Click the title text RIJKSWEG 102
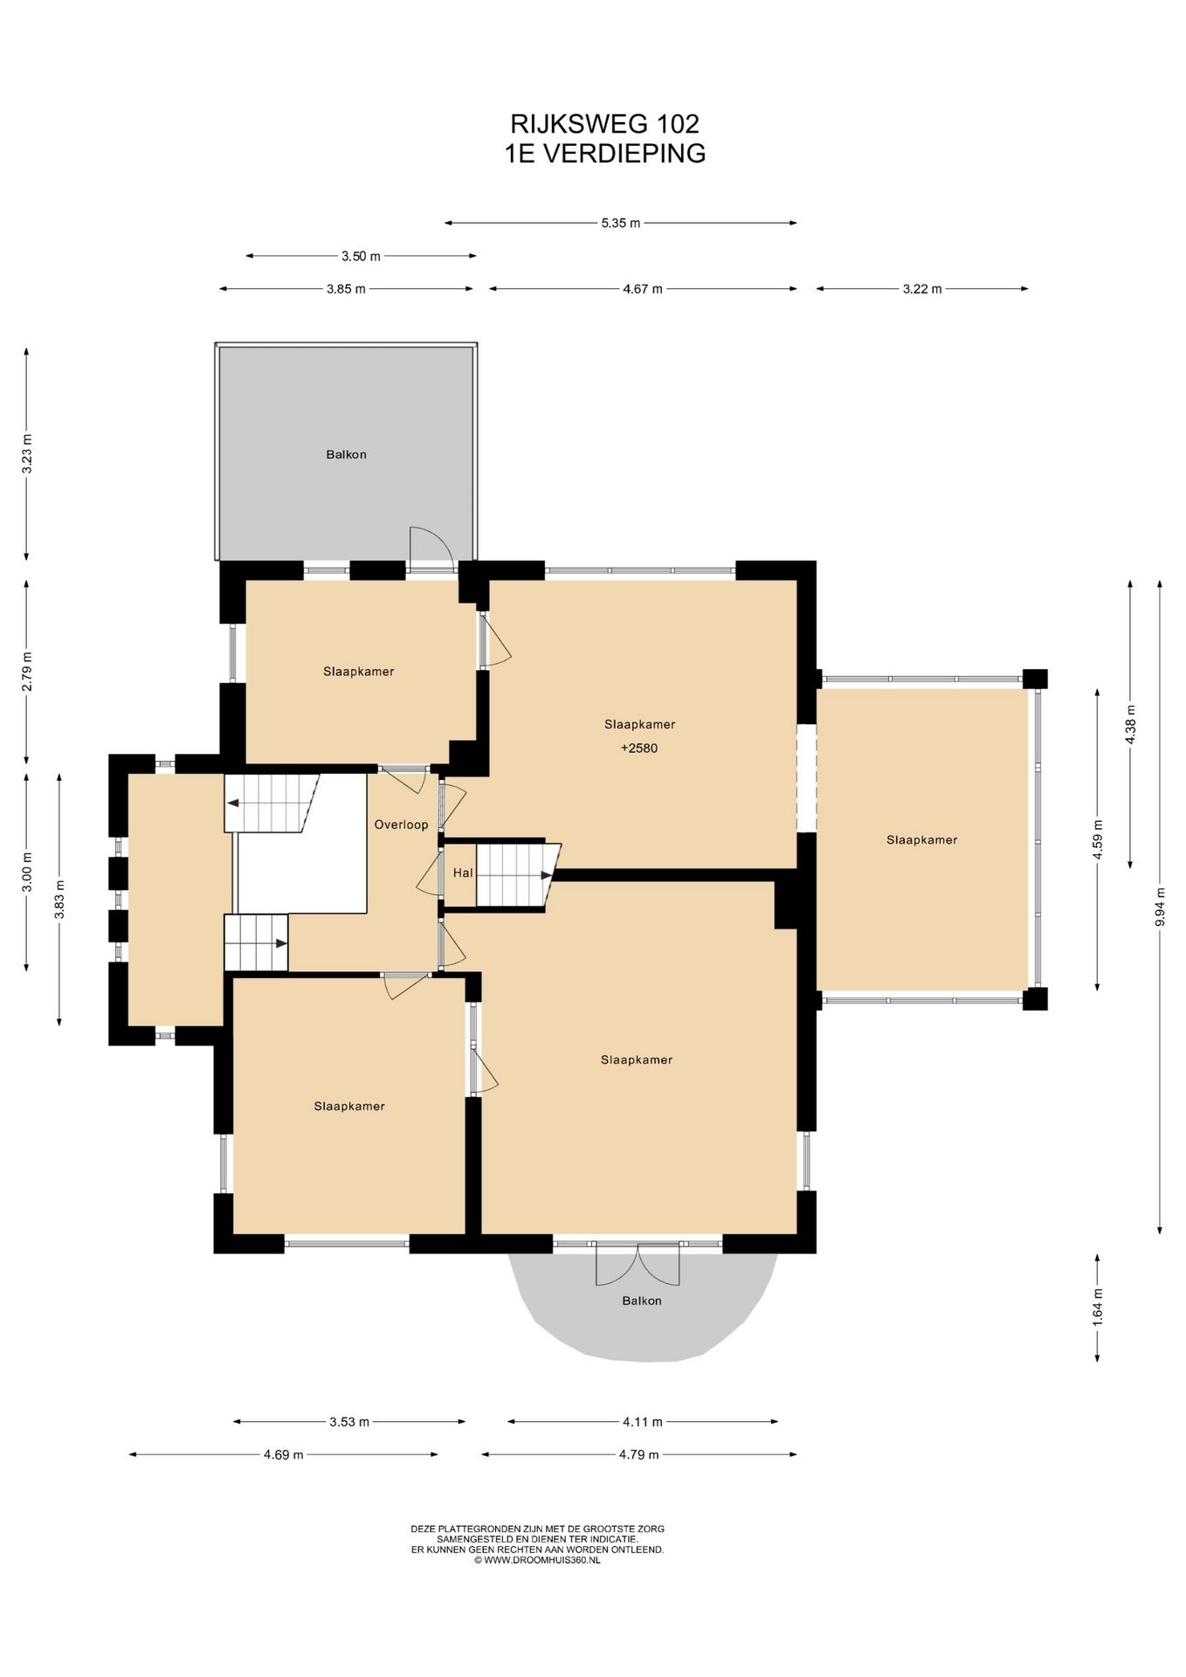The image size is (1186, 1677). (x=604, y=123)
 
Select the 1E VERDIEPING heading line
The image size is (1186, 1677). (x=604, y=153)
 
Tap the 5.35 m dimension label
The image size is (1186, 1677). (x=620, y=223)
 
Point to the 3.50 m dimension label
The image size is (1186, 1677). (x=361, y=256)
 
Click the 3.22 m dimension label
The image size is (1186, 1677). (x=922, y=288)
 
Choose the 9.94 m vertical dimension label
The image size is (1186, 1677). (x=1160, y=907)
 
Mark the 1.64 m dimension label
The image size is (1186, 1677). (x=1098, y=1308)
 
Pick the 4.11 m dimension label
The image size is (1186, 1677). (x=642, y=1421)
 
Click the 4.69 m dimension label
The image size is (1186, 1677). (x=283, y=1454)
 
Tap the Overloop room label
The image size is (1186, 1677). (x=401, y=825)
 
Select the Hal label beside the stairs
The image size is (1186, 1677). (x=463, y=873)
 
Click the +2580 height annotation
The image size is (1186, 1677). (x=639, y=748)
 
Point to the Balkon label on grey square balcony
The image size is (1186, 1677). (x=346, y=454)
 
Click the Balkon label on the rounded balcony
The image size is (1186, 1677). (x=642, y=1301)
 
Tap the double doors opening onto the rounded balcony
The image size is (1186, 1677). (x=638, y=1264)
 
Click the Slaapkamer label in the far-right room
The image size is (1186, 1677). (x=922, y=839)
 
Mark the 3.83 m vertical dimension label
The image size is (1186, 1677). (x=59, y=899)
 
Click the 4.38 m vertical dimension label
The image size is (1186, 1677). (x=1130, y=724)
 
